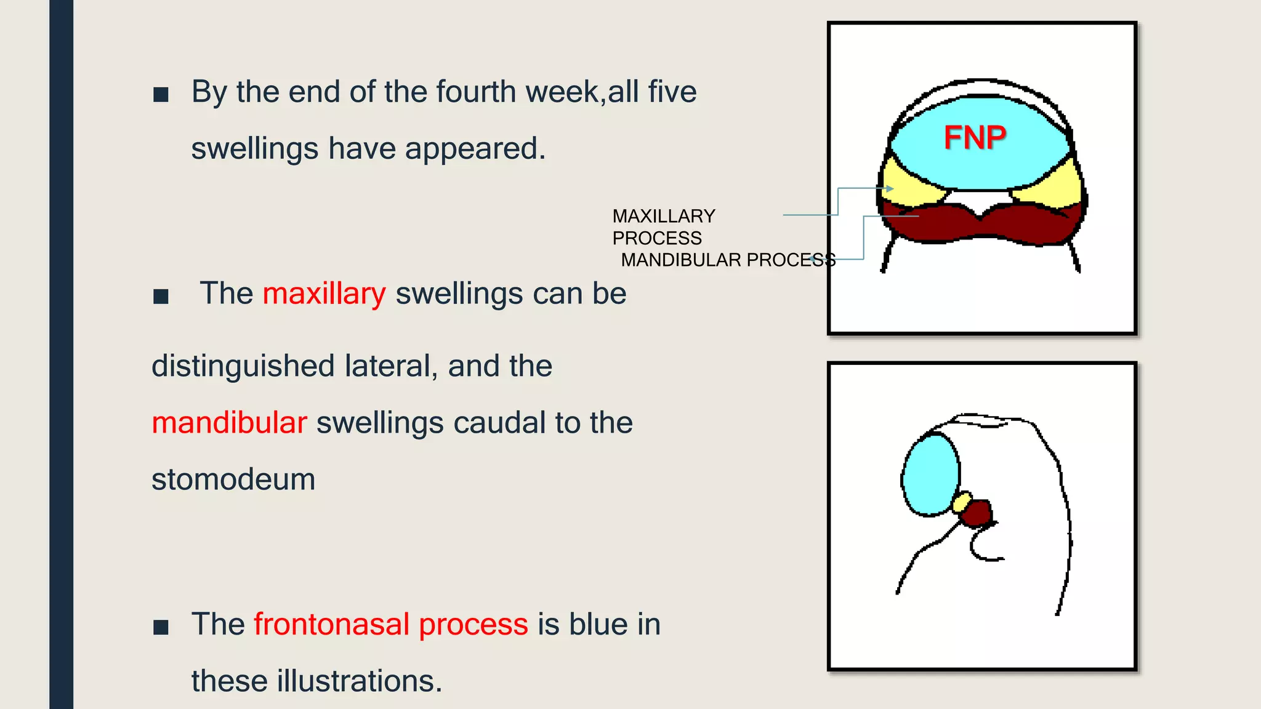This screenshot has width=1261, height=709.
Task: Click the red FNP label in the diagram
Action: tap(975, 137)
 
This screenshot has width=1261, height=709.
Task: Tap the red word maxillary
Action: tap(324, 294)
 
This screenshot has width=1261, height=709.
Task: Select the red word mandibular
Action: tap(229, 423)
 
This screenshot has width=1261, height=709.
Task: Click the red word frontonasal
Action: tap(331, 624)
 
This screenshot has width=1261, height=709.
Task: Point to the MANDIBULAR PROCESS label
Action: tap(728, 260)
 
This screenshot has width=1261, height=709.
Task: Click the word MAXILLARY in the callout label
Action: tap(663, 216)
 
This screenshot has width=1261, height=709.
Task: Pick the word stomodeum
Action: tap(233, 479)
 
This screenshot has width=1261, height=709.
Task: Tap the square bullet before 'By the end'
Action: tap(161, 94)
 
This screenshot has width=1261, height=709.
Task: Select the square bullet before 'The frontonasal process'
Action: tap(161, 627)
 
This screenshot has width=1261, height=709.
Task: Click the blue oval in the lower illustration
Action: tap(930, 474)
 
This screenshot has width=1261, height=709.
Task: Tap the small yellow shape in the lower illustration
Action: tap(961, 502)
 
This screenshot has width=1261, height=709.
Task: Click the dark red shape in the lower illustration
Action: tap(977, 513)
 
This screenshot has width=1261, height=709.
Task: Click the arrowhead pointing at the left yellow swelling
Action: tap(890, 188)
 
